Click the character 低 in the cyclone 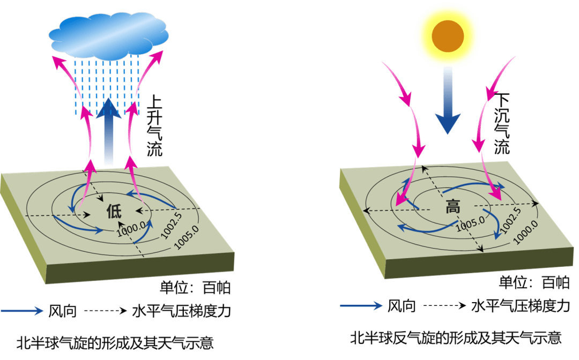tap(114, 211)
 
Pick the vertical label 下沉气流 tap(502, 123)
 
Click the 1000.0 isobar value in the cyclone tap(131, 229)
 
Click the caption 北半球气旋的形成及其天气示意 tap(115, 343)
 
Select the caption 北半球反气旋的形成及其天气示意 tap(456, 338)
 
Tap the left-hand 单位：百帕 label tap(195, 288)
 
